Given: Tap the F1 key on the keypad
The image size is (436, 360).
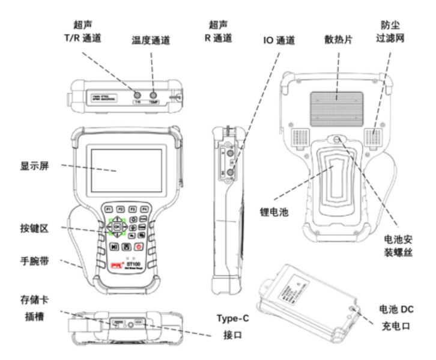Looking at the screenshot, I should tap(109, 209).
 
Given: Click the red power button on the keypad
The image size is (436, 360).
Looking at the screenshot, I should tap(139, 246).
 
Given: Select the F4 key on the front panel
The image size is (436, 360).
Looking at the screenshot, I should tap(144, 209).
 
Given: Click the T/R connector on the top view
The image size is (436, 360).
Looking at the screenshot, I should tap(138, 94).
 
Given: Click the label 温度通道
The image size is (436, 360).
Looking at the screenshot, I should tap(151, 41).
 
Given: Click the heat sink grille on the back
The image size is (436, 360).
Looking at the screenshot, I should tap(336, 99).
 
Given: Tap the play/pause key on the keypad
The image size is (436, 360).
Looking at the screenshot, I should tap(114, 246).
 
